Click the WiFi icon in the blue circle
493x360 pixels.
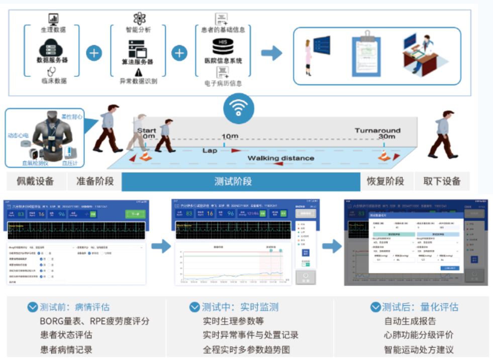click(x=239, y=108)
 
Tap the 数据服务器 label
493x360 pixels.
click(x=52, y=60)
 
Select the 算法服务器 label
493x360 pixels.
click(x=137, y=62)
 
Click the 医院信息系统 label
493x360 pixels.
click(x=223, y=61)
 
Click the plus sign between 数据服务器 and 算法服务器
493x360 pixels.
click(x=94, y=53)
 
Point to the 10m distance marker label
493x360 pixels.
click(x=230, y=137)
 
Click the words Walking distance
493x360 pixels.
click(x=280, y=158)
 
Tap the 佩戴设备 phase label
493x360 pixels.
click(x=35, y=181)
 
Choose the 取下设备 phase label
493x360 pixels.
click(x=442, y=181)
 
